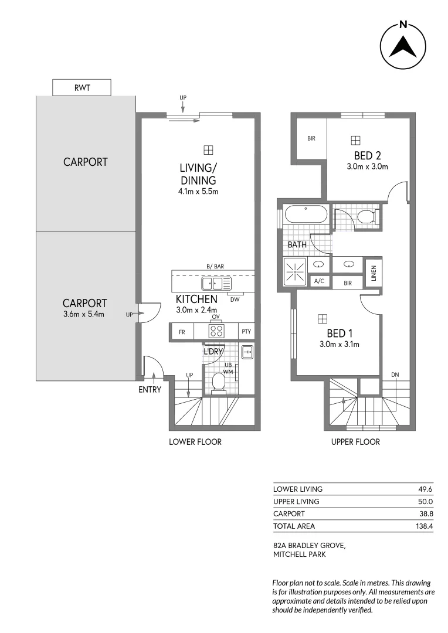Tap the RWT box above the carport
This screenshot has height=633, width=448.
click(x=82, y=88)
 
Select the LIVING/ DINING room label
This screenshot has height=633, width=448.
click(x=198, y=174)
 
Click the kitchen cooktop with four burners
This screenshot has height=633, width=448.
click(x=216, y=331)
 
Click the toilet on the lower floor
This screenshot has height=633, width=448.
click(x=218, y=382)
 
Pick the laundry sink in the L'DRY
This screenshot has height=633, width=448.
click(x=247, y=352)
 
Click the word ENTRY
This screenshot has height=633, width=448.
click(x=150, y=390)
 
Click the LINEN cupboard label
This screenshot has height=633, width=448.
click(x=373, y=274)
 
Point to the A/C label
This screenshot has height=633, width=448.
click(x=320, y=282)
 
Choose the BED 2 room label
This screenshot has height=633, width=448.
click(x=368, y=155)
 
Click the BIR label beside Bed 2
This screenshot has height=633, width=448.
click(x=311, y=139)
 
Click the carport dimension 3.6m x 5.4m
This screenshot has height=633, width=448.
click(x=84, y=314)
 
